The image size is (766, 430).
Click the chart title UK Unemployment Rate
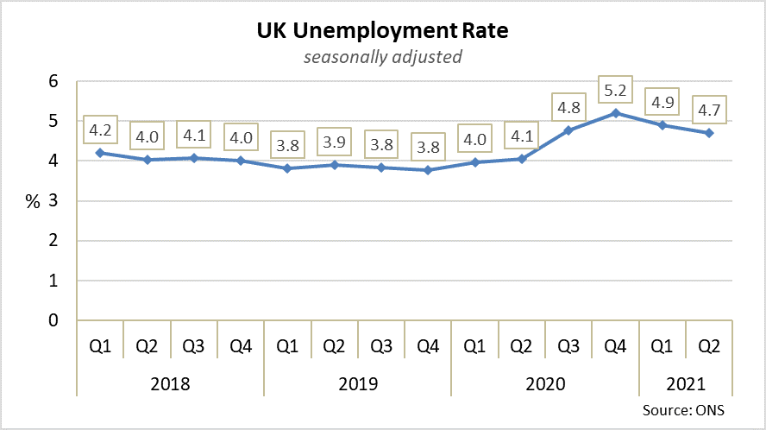tap(382, 32)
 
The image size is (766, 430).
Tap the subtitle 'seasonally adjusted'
tap(382, 58)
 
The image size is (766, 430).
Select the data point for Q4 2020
tap(616, 113)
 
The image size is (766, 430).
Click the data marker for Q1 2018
tap(100, 153)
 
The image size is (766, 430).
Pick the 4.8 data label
tap(569, 109)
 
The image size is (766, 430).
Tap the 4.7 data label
tap(709, 110)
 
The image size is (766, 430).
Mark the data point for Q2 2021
tap(709, 133)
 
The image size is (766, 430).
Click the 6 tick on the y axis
tap(53, 82)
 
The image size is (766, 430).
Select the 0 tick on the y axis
tap(53, 320)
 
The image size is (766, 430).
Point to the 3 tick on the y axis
tap(53, 201)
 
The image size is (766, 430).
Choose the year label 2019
tap(357, 384)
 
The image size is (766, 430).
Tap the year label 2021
tap(686, 384)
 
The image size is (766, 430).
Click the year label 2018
tap(170, 384)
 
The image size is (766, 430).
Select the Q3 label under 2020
tap(568, 348)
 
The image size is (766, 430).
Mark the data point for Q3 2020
tap(569, 130)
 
